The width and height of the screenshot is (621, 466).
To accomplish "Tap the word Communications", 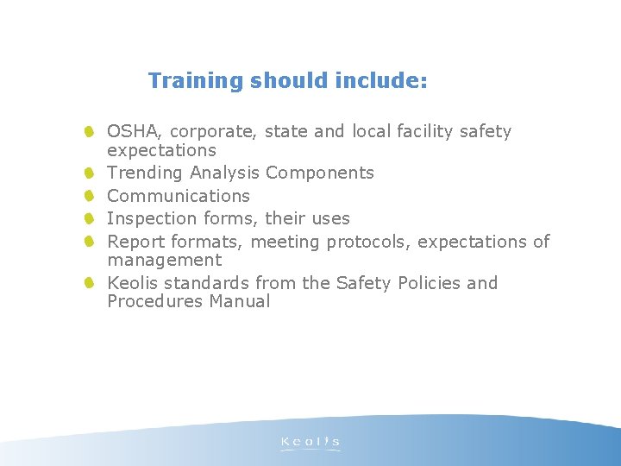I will [178, 197].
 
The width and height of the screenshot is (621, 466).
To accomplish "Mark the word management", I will [164, 260].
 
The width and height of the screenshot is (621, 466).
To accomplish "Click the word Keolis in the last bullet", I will [133, 283].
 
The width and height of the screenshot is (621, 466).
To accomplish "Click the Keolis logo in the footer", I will [310, 444].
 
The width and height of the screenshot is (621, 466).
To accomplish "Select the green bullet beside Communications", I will [90, 196].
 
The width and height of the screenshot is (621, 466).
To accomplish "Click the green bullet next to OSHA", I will [90, 132].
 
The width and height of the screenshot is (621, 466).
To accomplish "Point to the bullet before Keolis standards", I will [90, 283].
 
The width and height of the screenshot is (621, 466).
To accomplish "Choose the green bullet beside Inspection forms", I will [90, 219].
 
